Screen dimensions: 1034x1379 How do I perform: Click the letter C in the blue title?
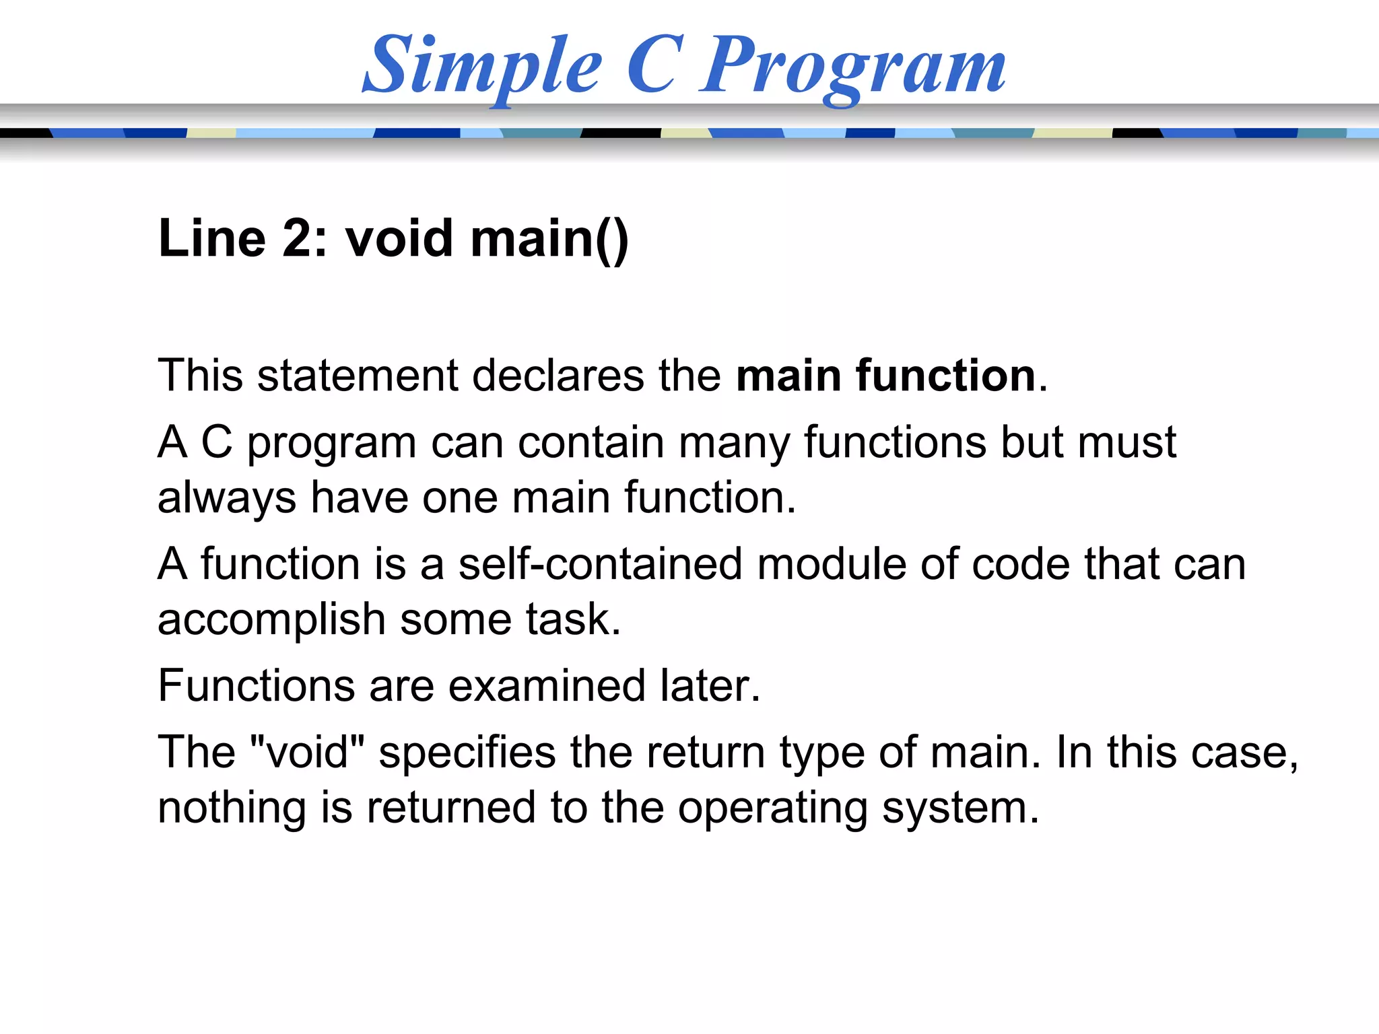650,65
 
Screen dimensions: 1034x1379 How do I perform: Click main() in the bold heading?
549,240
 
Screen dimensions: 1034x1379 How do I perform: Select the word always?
227,499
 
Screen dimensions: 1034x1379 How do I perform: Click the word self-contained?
600,564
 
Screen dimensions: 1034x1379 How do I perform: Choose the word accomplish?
271,620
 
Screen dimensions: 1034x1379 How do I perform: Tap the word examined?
547,686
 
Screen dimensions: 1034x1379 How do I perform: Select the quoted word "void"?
307,752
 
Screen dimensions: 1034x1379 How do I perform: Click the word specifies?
467,753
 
